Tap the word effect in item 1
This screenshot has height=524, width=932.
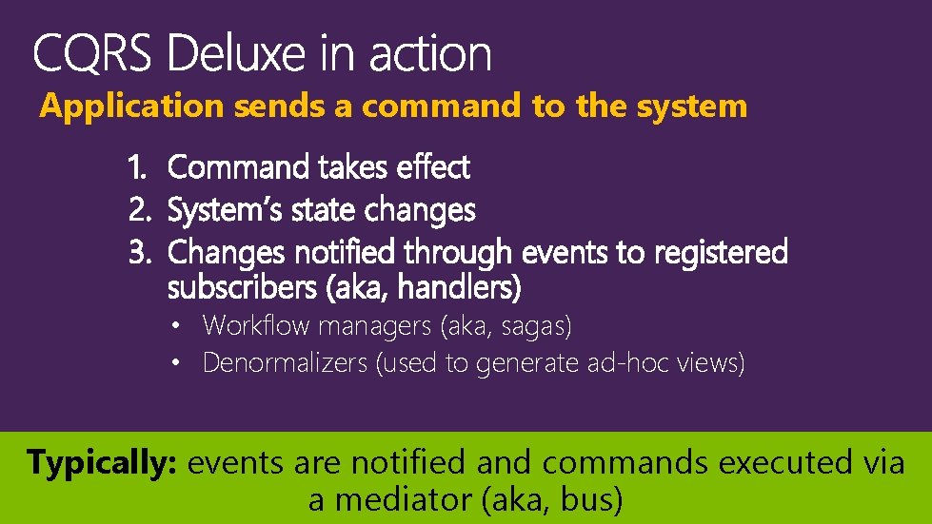(x=433, y=168)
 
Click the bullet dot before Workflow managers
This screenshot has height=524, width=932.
(x=177, y=326)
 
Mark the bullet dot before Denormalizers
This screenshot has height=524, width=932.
(x=177, y=362)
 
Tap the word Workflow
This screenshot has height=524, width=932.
(x=256, y=326)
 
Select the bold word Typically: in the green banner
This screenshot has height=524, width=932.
(x=104, y=464)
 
